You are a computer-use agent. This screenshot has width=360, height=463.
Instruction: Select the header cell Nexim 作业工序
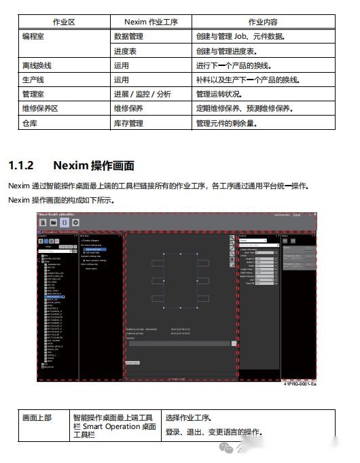151,22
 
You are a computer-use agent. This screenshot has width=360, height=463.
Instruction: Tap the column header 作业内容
264,22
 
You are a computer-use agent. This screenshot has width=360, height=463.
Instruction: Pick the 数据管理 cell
128,36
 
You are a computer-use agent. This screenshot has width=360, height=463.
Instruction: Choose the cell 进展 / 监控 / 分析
142,95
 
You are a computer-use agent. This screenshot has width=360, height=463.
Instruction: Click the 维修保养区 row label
41,109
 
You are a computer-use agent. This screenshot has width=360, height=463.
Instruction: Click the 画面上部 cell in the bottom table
37,417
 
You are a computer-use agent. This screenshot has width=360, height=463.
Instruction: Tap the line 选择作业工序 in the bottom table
188,417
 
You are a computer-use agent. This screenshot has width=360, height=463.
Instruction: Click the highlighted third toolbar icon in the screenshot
65,222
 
